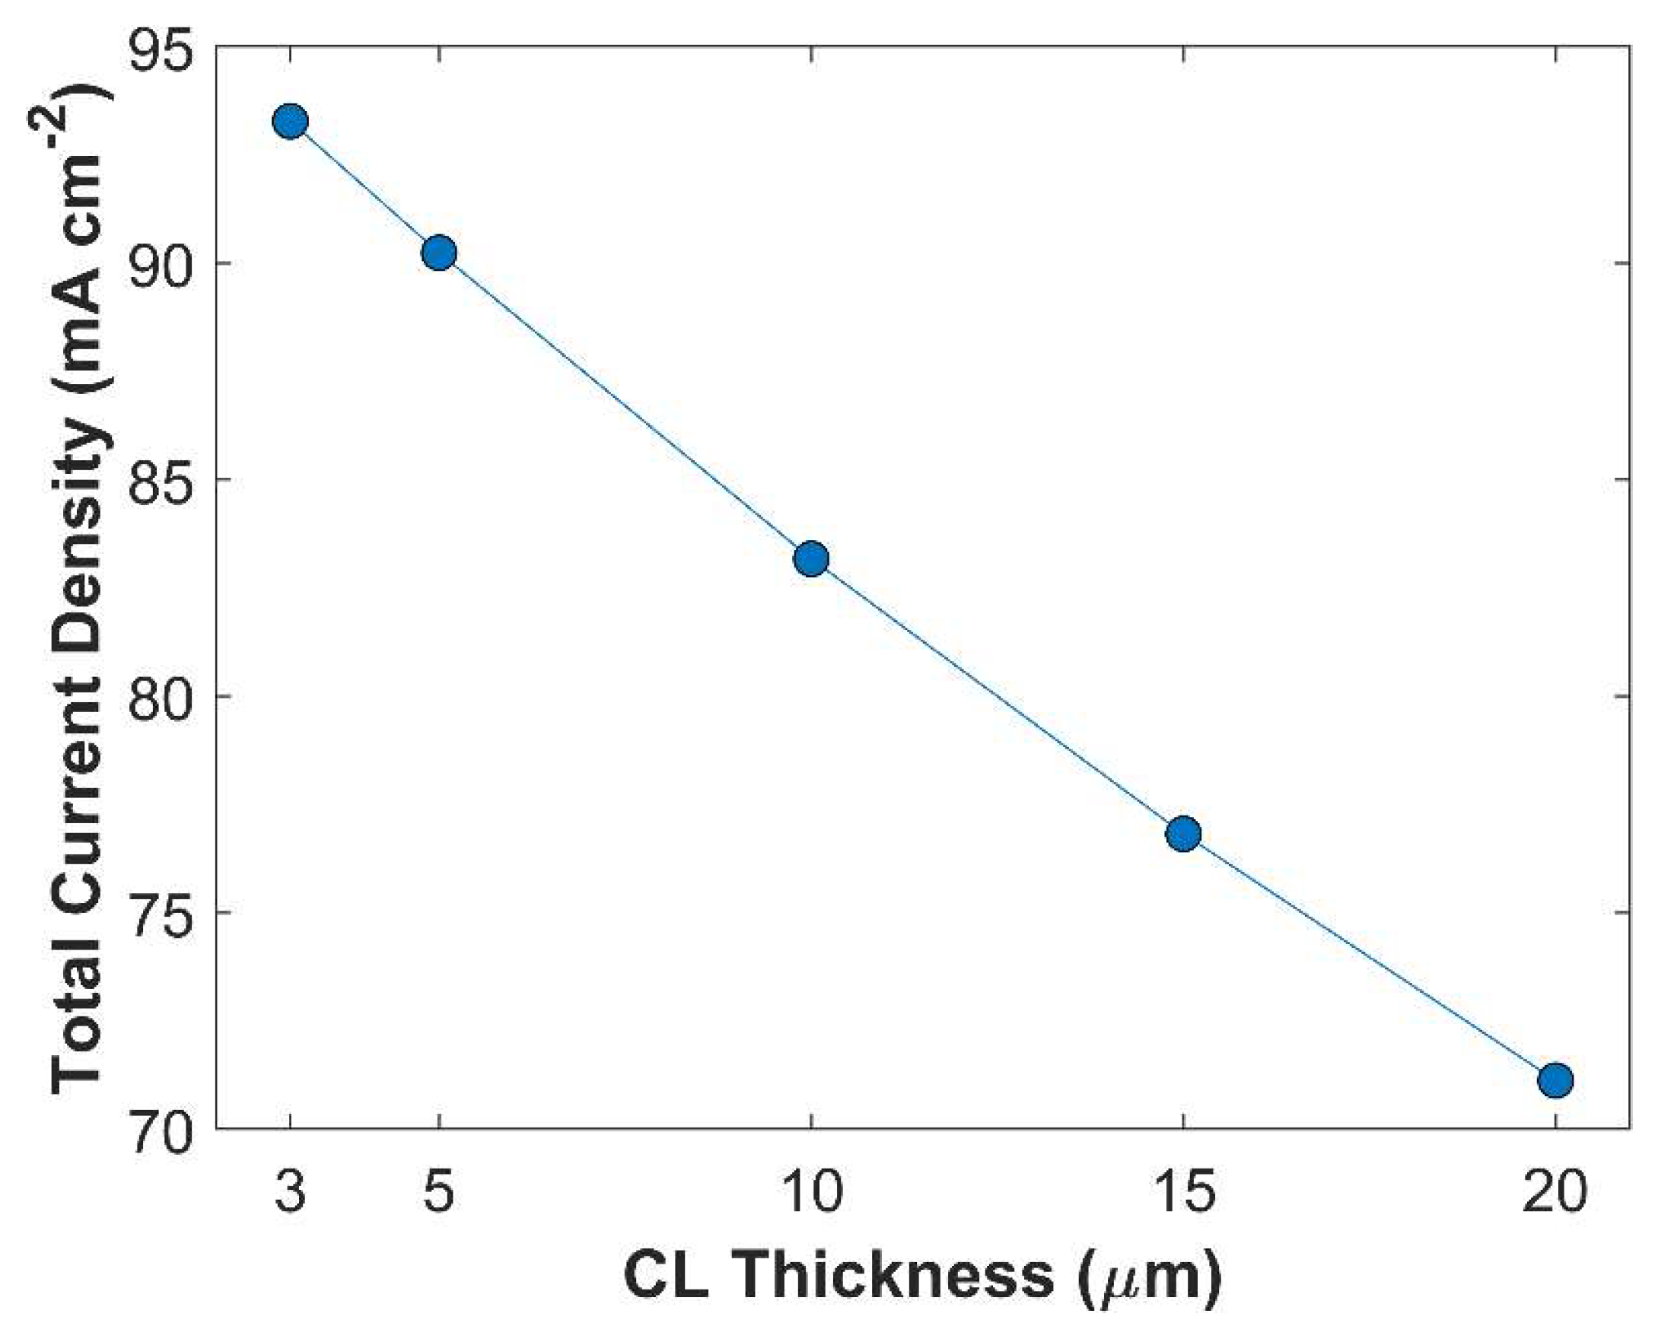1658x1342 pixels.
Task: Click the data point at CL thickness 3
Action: [x=291, y=122]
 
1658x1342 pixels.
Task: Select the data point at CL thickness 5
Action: [x=439, y=253]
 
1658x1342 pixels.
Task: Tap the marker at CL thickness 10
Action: [x=811, y=559]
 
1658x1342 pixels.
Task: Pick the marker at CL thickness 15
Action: [x=1182, y=834]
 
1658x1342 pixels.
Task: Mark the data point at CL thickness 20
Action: [x=1555, y=1080]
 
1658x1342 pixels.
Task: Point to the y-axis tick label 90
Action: [x=158, y=265]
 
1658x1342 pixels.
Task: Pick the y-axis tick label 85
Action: [x=158, y=481]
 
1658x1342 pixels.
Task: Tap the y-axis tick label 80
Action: [x=158, y=698]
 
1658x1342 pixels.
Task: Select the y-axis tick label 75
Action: [x=158, y=914]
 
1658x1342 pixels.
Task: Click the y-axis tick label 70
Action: [x=158, y=1131]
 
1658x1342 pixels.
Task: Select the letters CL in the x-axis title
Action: [x=667, y=1278]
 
